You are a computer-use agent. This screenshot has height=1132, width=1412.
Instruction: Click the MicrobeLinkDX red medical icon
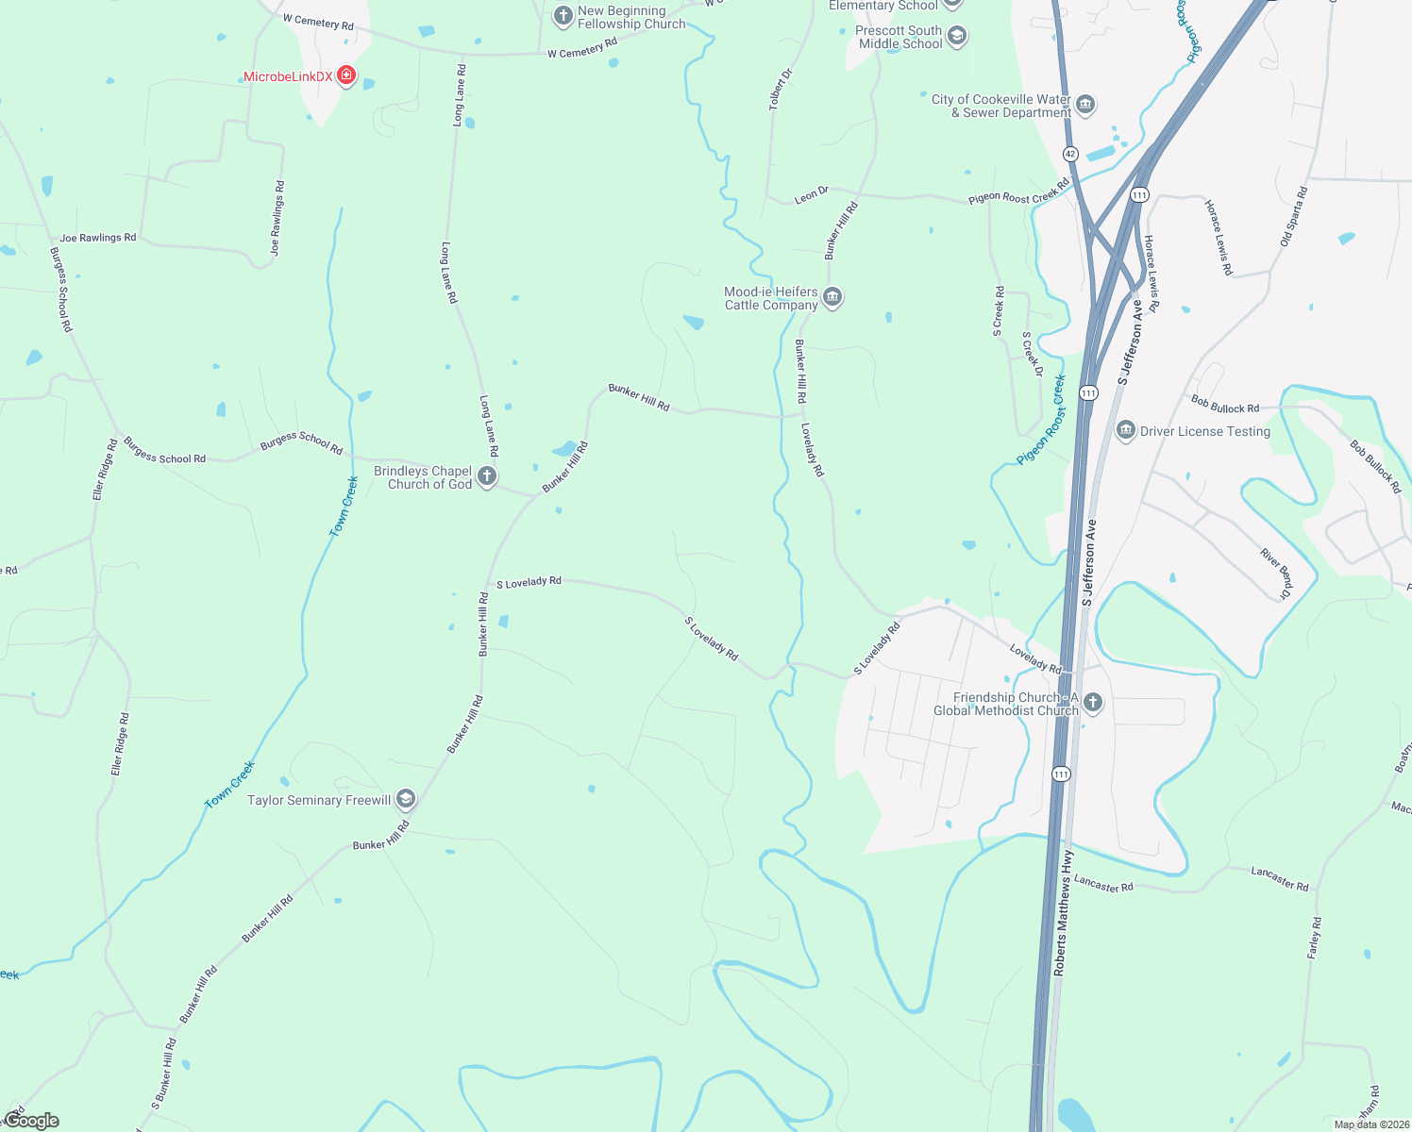coord(346,75)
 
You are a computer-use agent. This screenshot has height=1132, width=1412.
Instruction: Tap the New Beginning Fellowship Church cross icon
coord(563,16)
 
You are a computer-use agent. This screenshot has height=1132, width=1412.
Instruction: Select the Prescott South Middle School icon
coord(957,37)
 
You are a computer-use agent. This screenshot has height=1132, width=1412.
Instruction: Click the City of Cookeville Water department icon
coord(1085,105)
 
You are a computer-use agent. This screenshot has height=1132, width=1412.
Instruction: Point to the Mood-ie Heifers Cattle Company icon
coord(832,298)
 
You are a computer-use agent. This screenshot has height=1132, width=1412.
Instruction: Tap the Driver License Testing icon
coord(1125,431)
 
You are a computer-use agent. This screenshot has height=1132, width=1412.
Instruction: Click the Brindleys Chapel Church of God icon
coord(487,476)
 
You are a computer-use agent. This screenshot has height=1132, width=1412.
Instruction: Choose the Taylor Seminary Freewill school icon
coord(406,800)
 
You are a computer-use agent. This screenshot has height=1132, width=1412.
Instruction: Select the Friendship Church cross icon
coord(1093,703)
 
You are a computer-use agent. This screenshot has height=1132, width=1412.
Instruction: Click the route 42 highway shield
coord(1070,153)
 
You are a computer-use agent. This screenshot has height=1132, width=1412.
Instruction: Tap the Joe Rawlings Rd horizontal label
coord(98,238)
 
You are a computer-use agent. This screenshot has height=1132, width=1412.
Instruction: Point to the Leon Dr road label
coord(812,195)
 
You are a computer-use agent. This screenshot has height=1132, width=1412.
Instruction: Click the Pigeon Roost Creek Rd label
coord(1018,191)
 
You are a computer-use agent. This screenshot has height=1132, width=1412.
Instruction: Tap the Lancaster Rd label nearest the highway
coord(1103,884)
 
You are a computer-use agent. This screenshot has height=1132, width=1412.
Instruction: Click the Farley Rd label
coord(1314,938)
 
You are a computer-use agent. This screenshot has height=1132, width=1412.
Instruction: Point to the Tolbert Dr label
coord(781,89)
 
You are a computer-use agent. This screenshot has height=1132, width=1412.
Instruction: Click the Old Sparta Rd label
coord(1294,217)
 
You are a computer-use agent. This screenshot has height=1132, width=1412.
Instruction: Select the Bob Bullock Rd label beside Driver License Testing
coord(1225,405)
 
